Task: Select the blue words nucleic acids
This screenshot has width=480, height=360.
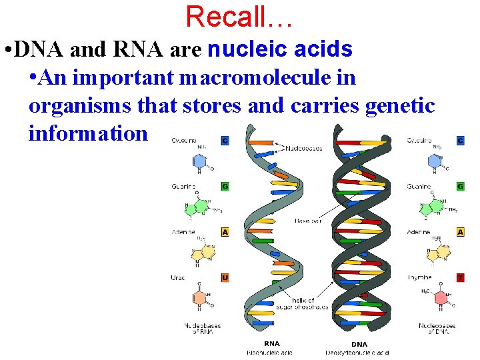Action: (280, 49)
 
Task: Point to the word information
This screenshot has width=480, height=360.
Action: (88, 133)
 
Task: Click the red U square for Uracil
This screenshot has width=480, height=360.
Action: (225, 277)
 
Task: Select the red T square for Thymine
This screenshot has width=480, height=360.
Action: (460, 277)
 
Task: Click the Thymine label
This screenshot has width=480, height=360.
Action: (420, 277)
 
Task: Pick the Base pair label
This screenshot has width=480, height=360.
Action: (307, 220)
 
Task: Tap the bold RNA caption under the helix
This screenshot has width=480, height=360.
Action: (272, 344)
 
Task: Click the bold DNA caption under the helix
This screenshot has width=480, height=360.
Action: (359, 344)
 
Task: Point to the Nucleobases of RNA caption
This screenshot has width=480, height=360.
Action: (202, 329)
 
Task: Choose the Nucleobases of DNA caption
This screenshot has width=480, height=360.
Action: (437, 329)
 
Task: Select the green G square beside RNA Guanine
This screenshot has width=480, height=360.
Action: (225, 186)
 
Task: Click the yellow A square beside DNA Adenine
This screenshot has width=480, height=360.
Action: (460, 232)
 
